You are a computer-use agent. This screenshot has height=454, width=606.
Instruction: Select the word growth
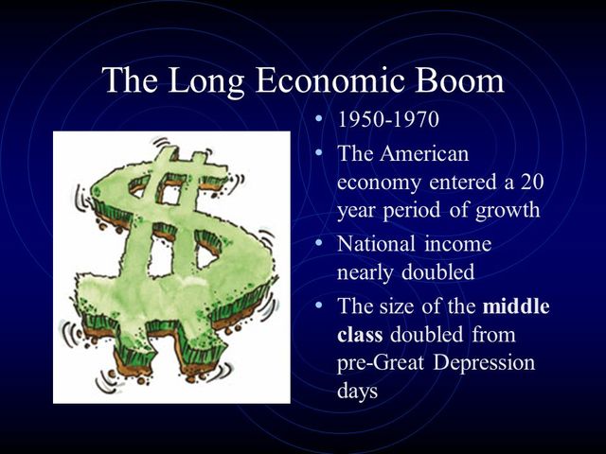coord(508,210)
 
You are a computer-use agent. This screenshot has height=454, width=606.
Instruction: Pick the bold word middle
coord(516,307)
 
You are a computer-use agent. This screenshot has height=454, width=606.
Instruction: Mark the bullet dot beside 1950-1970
coord(319,121)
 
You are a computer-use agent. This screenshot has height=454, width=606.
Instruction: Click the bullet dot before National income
coord(319,243)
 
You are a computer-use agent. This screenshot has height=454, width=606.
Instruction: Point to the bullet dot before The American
coord(319,152)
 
